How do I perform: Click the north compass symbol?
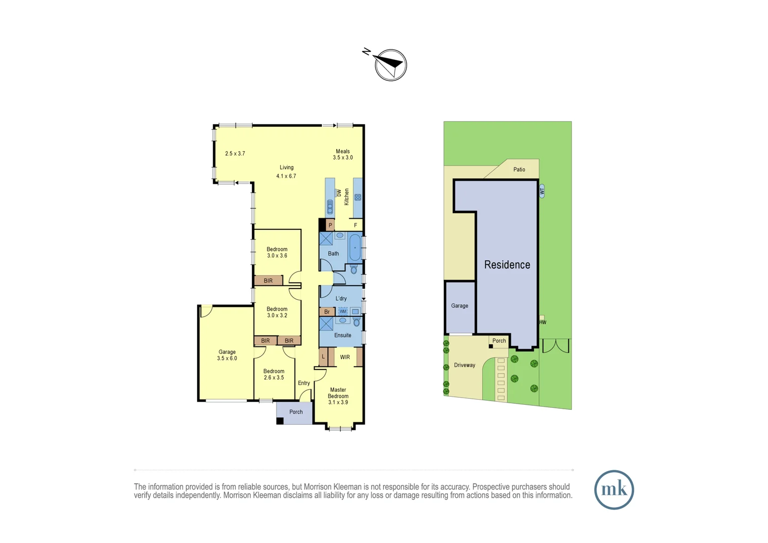pyautogui.click(x=391, y=65)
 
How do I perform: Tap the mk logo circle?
pyautogui.click(x=614, y=490)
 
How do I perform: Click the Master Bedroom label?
pyautogui.click(x=338, y=393)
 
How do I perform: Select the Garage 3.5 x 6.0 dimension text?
pyautogui.click(x=227, y=358)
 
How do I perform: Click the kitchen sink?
pyautogui.click(x=330, y=207)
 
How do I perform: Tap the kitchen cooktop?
pyautogui.click(x=358, y=197)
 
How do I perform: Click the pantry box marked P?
pyautogui.click(x=330, y=225)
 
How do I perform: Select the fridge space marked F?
pyautogui.click(x=355, y=225)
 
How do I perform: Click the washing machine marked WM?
pyautogui.click(x=343, y=311)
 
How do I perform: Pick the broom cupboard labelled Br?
pyautogui.click(x=327, y=312)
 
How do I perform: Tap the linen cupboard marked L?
pyautogui.click(x=323, y=357)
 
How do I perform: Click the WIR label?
pyautogui.click(x=345, y=357)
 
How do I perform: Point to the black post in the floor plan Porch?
pyautogui.click(x=280, y=420)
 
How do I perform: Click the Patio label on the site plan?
pyautogui.click(x=519, y=169)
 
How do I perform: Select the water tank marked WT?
pyautogui.click(x=542, y=191)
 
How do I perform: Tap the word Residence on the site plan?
pyautogui.click(x=507, y=265)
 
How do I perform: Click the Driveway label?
pyautogui.click(x=464, y=365)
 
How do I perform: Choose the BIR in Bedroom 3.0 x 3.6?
pyautogui.click(x=268, y=281)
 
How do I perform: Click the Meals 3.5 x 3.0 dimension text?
pyautogui.click(x=343, y=157)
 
